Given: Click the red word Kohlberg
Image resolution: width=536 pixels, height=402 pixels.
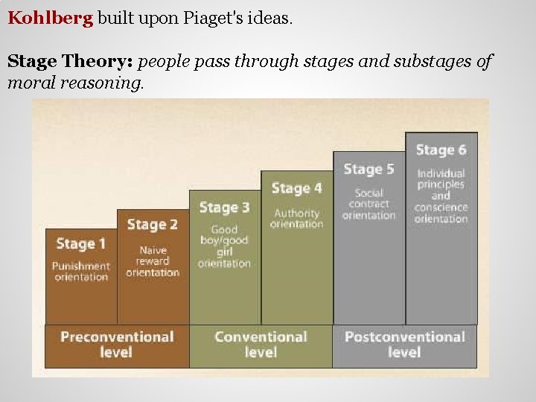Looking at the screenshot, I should pyautogui.click(x=50, y=17).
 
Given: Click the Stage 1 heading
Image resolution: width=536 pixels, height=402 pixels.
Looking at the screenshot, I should pyautogui.click(x=81, y=243).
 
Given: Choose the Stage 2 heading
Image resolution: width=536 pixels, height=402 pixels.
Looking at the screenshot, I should pyautogui.click(x=153, y=224).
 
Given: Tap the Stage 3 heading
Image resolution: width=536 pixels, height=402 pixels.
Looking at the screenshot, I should pyautogui.click(x=224, y=207).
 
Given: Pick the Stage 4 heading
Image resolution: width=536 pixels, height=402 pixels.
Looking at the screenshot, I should pyautogui.click(x=296, y=188).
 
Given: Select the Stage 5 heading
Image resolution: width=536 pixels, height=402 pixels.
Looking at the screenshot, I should pyautogui.click(x=368, y=170).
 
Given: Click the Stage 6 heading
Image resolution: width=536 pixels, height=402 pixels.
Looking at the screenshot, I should pyautogui.click(x=441, y=150).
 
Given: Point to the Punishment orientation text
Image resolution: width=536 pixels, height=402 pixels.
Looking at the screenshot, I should pyautogui.click(x=81, y=271).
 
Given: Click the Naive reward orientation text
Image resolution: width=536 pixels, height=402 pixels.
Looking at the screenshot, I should pyautogui.click(x=153, y=261).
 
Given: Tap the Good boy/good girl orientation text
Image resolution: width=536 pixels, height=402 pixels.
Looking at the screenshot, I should pyautogui.click(x=224, y=246).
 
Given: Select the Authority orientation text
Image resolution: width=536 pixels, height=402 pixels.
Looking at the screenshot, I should pyautogui.click(x=296, y=218).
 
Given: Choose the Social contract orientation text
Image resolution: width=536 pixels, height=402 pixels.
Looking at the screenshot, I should pyautogui.click(x=368, y=204).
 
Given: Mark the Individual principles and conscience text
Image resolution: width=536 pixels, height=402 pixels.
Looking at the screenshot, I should pyautogui.click(x=441, y=196).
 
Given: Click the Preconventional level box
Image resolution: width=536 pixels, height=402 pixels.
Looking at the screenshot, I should pyautogui.click(x=116, y=345).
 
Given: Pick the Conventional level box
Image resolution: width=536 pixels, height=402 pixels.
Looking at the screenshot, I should pyautogui.click(x=261, y=345).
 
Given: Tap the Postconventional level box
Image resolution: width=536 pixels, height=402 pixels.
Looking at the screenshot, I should pyautogui.click(x=404, y=345).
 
